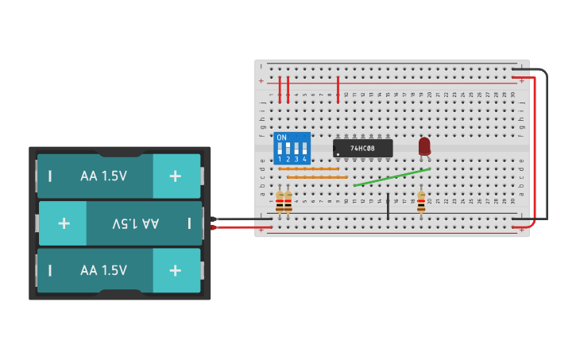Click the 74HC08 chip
362,148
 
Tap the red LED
424,145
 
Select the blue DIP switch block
292,148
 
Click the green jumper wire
392,177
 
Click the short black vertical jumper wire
388,205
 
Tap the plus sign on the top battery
176,176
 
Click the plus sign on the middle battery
64,223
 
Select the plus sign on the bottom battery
176,270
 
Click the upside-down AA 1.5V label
135,223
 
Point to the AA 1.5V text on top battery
103,176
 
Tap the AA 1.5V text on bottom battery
103,270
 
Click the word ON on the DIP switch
281,137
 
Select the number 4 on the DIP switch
304,160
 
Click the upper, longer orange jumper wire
308,168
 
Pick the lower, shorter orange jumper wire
317,177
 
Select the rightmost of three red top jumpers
338,89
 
